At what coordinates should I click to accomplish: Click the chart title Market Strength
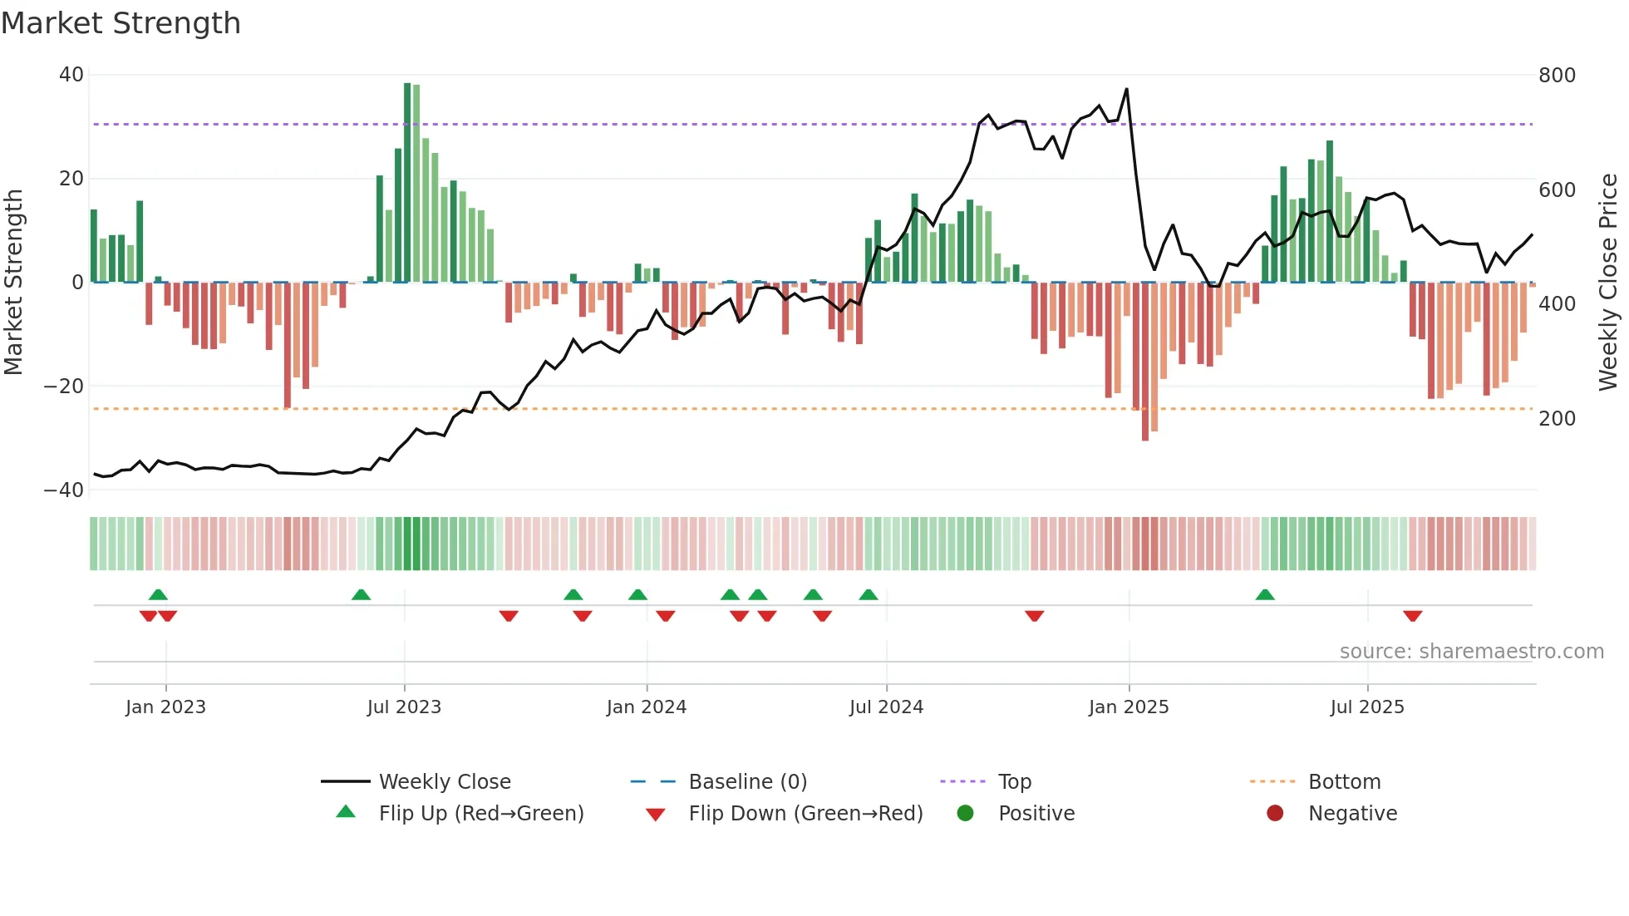point(121,23)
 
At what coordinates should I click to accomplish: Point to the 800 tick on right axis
point(1556,76)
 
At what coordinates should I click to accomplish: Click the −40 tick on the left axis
point(64,490)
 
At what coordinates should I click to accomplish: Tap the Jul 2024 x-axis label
point(886,707)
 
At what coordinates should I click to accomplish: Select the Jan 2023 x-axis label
point(165,707)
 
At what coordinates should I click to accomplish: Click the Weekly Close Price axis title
point(1608,283)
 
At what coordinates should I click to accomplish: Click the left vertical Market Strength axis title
point(13,283)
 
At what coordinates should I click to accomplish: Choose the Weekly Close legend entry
point(445,782)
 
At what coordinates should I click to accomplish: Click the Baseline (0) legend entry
point(747,782)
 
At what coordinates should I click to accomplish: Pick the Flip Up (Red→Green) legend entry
point(480,814)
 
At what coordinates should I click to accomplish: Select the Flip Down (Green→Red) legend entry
point(805,814)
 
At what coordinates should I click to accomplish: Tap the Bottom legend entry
point(1344,782)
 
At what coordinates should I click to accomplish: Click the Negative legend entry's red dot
point(1275,814)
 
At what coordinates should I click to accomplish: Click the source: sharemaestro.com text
point(1471,652)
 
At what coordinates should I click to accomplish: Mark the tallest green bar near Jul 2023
point(407,183)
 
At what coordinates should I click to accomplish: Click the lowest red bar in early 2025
point(1145,362)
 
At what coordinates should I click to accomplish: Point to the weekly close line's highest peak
point(1126,89)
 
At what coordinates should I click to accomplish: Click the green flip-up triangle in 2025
point(1265,594)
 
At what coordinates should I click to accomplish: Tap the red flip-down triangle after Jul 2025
point(1412,616)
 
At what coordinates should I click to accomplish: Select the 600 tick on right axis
point(1556,190)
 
